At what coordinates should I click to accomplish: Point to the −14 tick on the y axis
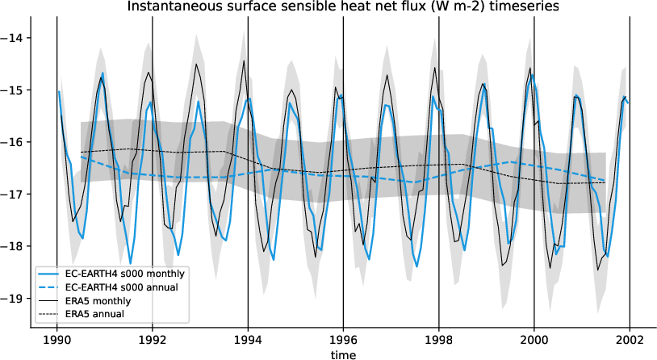pyautogui.click(x=15, y=38)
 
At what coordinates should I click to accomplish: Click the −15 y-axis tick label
pyautogui.click(x=15, y=90)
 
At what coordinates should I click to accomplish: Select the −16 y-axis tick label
pyautogui.click(x=15, y=142)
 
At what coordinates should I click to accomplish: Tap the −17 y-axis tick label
pyautogui.click(x=15, y=195)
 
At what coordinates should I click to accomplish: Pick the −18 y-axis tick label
pyautogui.click(x=15, y=246)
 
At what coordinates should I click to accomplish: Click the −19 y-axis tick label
pyautogui.click(x=15, y=299)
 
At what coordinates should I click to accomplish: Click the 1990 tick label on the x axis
pyautogui.click(x=56, y=340)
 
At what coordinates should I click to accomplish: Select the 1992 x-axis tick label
pyautogui.click(x=153, y=340)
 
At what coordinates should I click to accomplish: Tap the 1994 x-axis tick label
pyautogui.click(x=248, y=340)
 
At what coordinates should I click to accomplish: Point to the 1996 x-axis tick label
pyautogui.click(x=343, y=340)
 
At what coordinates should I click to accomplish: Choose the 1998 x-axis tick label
pyautogui.click(x=439, y=340)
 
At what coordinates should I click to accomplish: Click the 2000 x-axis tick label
pyautogui.click(x=534, y=340)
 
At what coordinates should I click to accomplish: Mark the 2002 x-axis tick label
pyautogui.click(x=630, y=340)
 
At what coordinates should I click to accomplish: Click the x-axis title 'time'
pyautogui.click(x=343, y=354)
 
